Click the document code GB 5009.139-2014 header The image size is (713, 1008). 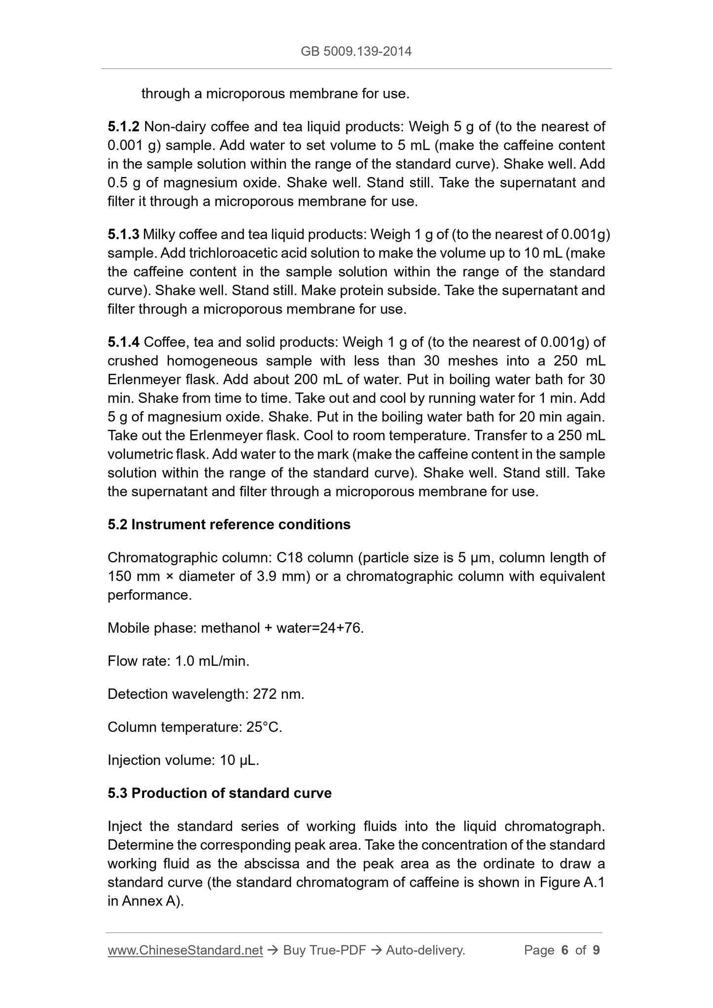356,51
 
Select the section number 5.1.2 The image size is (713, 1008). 123,127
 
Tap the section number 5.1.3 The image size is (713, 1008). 123,234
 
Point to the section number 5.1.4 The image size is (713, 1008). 123,342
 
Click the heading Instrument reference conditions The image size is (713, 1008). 241,524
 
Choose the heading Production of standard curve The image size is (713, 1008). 231,793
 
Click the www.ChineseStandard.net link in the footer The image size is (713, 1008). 185,950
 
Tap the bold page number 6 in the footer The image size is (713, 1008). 565,950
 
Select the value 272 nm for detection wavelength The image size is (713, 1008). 278,694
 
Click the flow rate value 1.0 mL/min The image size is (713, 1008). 212,661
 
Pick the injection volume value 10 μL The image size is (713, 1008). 239,760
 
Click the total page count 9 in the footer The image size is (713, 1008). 596,950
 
